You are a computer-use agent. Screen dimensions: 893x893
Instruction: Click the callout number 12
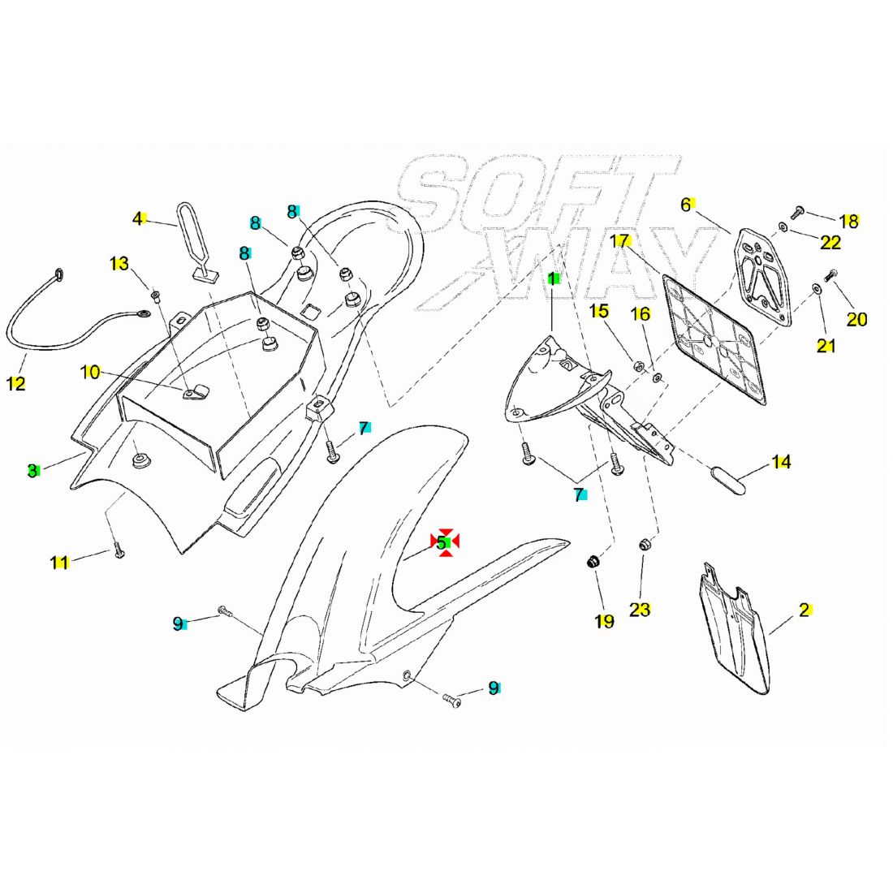click(x=16, y=383)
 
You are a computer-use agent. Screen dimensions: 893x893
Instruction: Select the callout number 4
click(x=137, y=218)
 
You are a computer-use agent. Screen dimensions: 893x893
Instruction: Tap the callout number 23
click(x=640, y=610)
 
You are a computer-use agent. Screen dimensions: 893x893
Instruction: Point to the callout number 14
click(x=781, y=461)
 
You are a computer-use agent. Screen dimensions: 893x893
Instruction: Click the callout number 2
click(x=805, y=610)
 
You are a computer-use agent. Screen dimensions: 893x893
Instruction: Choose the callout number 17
click(x=619, y=241)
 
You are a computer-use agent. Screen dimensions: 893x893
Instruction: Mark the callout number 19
click(x=604, y=621)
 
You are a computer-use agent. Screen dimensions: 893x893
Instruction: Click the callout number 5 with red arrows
click(x=442, y=543)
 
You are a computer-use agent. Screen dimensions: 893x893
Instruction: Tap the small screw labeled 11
click(x=119, y=550)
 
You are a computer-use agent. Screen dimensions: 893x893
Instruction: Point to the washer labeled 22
click(x=783, y=228)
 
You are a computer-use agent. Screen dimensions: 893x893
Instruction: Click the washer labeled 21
click(x=818, y=289)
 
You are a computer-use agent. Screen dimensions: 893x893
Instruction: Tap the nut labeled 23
click(x=645, y=545)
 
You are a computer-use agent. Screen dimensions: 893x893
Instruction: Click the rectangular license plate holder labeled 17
click(x=714, y=339)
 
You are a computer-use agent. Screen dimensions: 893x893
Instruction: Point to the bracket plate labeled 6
click(x=762, y=276)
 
